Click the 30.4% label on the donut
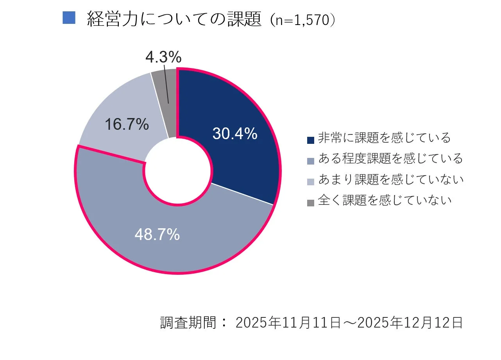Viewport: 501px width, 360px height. pyautogui.click(x=235, y=134)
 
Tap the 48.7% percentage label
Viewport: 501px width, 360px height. pyautogui.click(x=157, y=235)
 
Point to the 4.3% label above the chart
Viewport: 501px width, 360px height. pyautogui.click(x=163, y=57)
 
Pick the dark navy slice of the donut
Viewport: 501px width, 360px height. pyautogui.click(x=242, y=164)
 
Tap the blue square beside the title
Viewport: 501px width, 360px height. pyautogui.click(x=68, y=18)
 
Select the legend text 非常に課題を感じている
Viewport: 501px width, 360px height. pyautogui.click(x=384, y=138)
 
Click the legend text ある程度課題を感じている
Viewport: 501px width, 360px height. pyautogui.click(x=390, y=159)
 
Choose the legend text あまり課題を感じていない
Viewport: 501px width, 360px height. pyautogui.click(x=390, y=179)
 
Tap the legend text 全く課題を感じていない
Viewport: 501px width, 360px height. pyautogui.click(x=385, y=201)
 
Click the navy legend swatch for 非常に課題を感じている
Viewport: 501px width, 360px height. pyautogui.click(x=311, y=140)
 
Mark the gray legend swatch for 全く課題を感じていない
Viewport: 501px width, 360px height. pyautogui.click(x=311, y=202)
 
